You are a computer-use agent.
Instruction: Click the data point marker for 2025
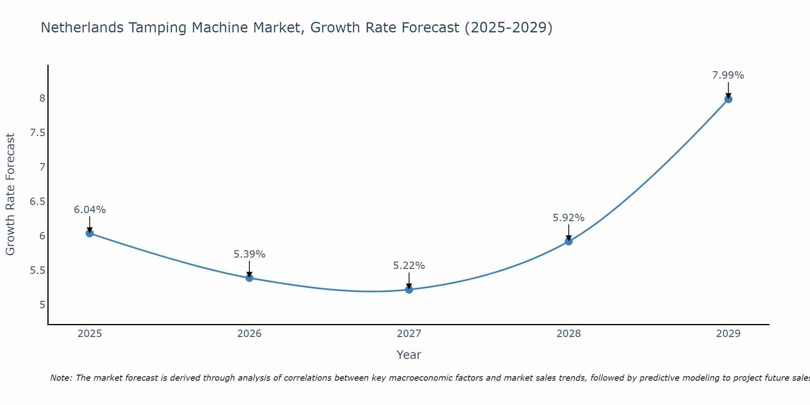[90, 233]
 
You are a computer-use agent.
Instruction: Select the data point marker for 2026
[249, 278]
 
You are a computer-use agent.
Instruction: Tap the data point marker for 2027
[409, 290]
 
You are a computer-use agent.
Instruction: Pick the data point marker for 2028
[568, 241]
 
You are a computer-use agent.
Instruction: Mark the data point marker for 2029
[728, 99]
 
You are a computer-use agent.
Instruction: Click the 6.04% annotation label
[90, 210]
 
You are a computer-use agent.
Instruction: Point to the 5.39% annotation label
[249, 254]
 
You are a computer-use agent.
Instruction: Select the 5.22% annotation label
[409, 266]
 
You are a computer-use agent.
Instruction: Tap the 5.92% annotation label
[568, 218]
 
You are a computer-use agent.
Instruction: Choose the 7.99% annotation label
[728, 75]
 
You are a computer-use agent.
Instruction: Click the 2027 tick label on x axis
[409, 334]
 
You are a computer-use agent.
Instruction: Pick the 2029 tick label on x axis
[728, 334]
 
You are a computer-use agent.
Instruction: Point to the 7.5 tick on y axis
[37, 133]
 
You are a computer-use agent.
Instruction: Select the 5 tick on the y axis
[42, 305]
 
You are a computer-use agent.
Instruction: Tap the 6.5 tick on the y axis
[37, 202]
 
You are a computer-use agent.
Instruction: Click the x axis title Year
[409, 355]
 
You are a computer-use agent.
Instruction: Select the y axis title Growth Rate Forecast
[10, 194]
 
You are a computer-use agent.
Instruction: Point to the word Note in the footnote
[61, 378]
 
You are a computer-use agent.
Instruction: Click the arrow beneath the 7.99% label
[728, 90]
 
